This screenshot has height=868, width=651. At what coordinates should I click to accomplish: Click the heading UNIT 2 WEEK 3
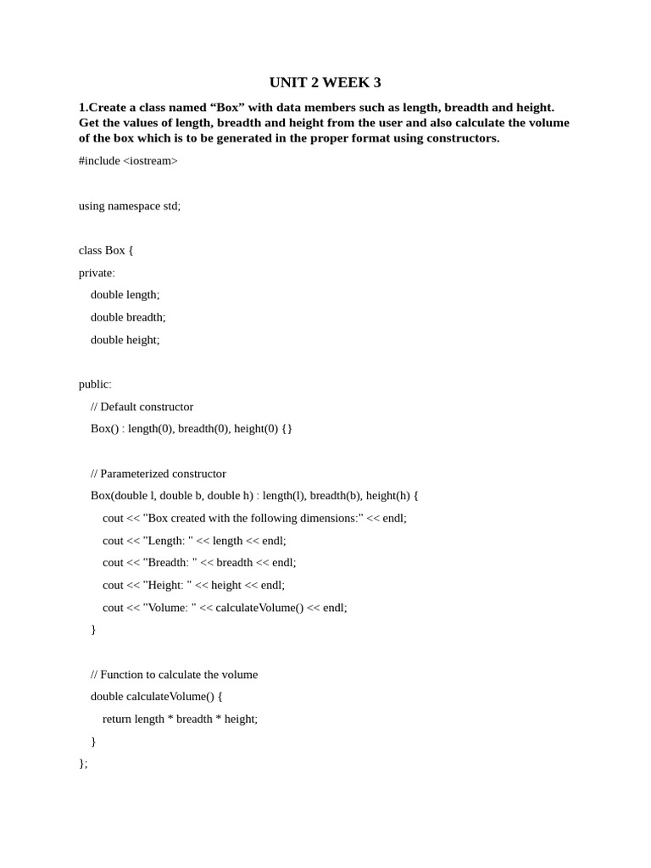click(x=325, y=82)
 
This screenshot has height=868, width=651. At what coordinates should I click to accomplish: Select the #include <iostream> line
click(x=128, y=161)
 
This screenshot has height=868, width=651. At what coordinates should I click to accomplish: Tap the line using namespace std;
click(x=130, y=206)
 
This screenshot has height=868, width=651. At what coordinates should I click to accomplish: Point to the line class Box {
click(x=106, y=250)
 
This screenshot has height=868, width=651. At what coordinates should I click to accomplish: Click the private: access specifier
click(x=97, y=273)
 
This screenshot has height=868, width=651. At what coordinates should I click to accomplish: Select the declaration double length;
click(x=125, y=295)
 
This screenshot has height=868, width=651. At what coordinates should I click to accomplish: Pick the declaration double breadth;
click(x=128, y=317)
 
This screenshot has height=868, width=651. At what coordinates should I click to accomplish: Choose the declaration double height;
click(x=125, y=340)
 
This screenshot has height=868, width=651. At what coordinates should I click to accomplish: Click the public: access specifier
click(x=95, y=384)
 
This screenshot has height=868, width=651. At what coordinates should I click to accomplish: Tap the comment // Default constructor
click(x=142, y=407)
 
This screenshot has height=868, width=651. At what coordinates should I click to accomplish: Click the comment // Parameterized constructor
click(x=158, y=474)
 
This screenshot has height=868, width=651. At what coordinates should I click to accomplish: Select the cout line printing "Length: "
click(x=194, y=541)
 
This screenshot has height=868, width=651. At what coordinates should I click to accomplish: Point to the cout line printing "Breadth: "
click(x=199, y=563)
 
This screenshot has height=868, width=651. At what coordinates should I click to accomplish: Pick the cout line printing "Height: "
click(x=193, y=585)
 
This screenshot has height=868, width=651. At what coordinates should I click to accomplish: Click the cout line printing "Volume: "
click(x=225, y=608)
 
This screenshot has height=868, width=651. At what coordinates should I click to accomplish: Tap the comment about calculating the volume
click(x=174, y=675)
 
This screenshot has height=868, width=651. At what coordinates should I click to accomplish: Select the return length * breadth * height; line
click(x=180, y=719)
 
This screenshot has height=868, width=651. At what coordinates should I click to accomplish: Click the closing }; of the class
click(x=83, y=764)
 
